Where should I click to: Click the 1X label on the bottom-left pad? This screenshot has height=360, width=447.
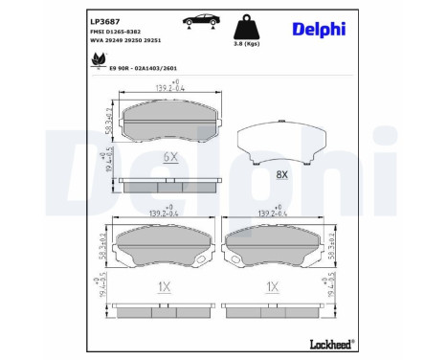point(164,285)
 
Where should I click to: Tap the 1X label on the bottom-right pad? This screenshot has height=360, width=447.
point(272,285)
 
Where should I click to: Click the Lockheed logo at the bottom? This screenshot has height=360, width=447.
point(330,342)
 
